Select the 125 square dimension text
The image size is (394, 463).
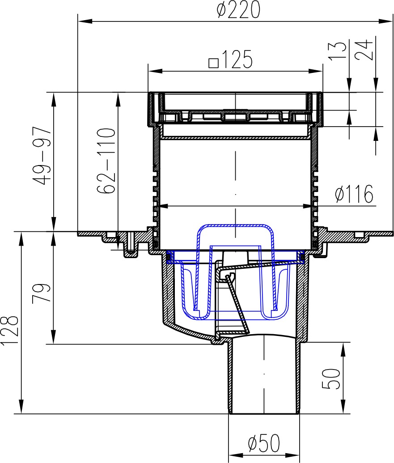231,59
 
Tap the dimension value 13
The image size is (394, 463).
338,51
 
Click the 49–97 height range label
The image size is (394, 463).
43,155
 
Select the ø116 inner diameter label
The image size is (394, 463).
354,194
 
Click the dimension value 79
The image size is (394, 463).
42,293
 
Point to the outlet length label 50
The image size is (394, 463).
331,378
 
